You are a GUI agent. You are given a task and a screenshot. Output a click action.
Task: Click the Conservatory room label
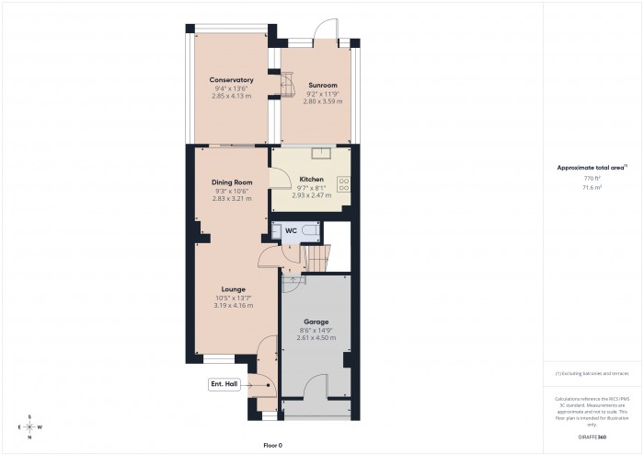[x=231, y=80]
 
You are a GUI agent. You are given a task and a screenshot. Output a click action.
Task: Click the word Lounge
[x=233, y=289]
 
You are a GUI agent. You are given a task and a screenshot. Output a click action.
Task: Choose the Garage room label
[x=316, y=322]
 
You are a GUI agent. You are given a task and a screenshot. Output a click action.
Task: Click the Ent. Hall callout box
[x=224, y=384]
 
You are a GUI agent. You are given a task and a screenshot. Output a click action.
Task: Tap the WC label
[x=290, y=230]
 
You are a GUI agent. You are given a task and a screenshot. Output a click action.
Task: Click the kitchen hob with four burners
[x=344, y=183]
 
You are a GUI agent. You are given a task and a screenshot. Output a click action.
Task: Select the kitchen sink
[x=322, y=153]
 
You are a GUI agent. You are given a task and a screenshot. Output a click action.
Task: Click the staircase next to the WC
[x=316, y=257]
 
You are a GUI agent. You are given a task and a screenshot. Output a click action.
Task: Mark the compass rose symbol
[x=29, y=427]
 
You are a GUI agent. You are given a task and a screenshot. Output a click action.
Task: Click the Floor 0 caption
[x=272, y=445]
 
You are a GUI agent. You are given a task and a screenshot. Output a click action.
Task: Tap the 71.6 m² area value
[x=592, y=187]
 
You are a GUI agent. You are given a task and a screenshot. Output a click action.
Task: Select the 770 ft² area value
[x=592, y=178]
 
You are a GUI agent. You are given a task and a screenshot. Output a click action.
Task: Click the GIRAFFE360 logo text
[x=592, y=433]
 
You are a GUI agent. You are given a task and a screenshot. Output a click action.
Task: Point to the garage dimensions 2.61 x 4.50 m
[x=316, y=338]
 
